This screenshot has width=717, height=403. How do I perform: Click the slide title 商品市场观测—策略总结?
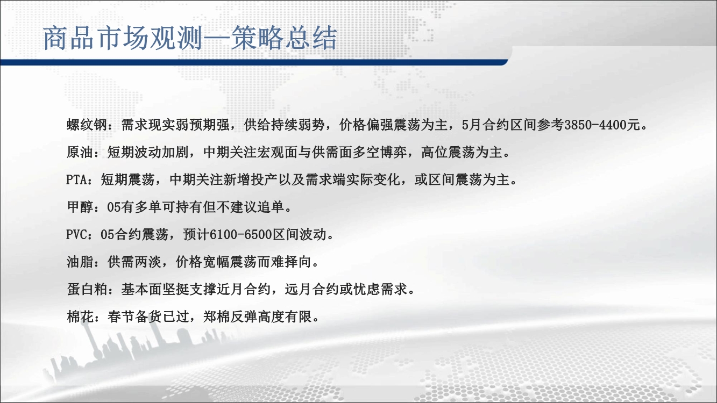pyautogui.click(x=190, y=38)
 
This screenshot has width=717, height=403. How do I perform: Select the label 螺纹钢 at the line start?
pyautogui.click(x=87, y=125)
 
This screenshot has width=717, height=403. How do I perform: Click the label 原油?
pyautogui.click(x=80, y=152)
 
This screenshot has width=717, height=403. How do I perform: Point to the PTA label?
pyautogui.click(x=76, y=180)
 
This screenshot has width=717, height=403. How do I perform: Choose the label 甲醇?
pyautogui.click(x=80, y=207)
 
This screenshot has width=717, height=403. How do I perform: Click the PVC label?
pyautogui.click(x=76, y=235)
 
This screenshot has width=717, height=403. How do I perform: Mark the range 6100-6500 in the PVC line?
pyautogui.click(x=240, y=235)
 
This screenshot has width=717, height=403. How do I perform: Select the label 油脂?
pyautogui.click(x=80, y=262)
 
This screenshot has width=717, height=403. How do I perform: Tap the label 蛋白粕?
pyautogui.click(x=87, y=290)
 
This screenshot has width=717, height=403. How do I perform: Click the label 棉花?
pyautogui.click(x=80, y=317)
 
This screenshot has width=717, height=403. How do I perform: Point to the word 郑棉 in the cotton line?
pyautogui.click(x=217, y=317)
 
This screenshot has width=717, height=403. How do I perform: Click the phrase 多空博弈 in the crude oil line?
pyautogui.click(x=380, y=152)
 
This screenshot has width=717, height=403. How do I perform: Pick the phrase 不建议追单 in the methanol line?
pyautogui.click(x=250, y=207)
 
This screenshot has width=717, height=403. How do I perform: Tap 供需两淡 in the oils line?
pyautogui.click(x=134, y=262)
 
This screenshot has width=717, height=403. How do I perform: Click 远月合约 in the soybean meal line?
pyautogui.click(x=312, y=290)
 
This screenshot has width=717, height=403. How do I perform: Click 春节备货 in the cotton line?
pyautogui.click(x=134, y=317)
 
